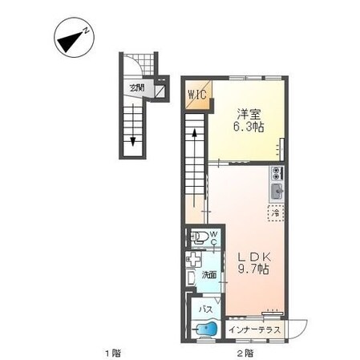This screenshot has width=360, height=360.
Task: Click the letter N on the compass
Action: tap(86, 30)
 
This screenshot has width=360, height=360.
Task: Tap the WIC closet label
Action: tap(197, 95)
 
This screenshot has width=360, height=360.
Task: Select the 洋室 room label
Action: tap(249, 115)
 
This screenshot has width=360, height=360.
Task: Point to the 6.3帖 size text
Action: tap(249, 127)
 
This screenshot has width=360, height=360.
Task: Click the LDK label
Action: tap(254, 257)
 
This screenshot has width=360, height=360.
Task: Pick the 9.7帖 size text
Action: tap(253, 269)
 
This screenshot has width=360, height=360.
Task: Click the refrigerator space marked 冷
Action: tap(276, 213)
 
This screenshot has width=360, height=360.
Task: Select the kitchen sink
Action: tap(277, 192)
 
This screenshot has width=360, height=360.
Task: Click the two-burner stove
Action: tap(277, 173)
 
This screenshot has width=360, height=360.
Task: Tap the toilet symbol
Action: tap(198, 237)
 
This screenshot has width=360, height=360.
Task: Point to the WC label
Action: tap(213, 238)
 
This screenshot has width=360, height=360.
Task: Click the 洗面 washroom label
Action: tap(209, 275)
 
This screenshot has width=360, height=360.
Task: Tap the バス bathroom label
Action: tap(206, 309)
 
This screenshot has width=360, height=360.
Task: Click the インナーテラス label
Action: tap(255, 330)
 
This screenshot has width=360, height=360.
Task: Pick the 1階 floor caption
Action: tap(112, 354)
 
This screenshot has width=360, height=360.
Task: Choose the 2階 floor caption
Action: tap(245, 354)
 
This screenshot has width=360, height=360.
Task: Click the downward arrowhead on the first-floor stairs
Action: tap(133, 142)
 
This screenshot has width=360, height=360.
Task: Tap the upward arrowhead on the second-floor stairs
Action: tap(195, 133)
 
